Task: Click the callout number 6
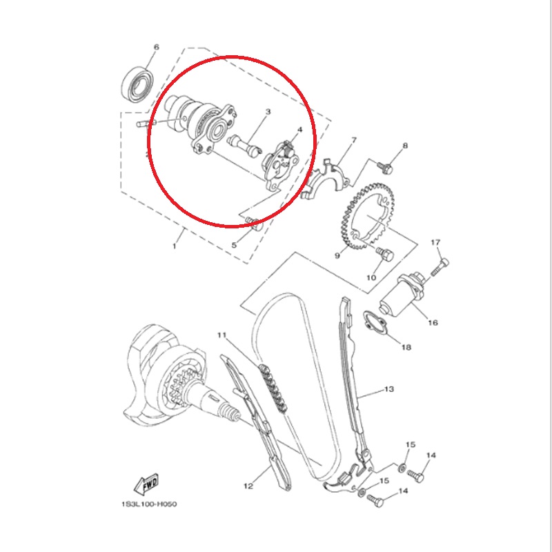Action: (157, 47)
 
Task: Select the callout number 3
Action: (268, 112)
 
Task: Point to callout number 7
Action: (354, 140)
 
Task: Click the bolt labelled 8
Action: (385, 167)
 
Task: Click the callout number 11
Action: (221, 335)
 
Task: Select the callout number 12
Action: (248, 486)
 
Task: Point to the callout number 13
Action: (388, 389)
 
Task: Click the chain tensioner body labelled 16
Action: (402, 295)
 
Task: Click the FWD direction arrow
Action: (146, 484)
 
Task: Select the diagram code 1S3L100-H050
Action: (149, 504)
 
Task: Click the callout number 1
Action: (174, 246)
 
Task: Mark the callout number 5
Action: (234, 245)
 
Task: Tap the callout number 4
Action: (299, 130)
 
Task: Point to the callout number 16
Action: (433, 322)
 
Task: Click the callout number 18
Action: (406, 347)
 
